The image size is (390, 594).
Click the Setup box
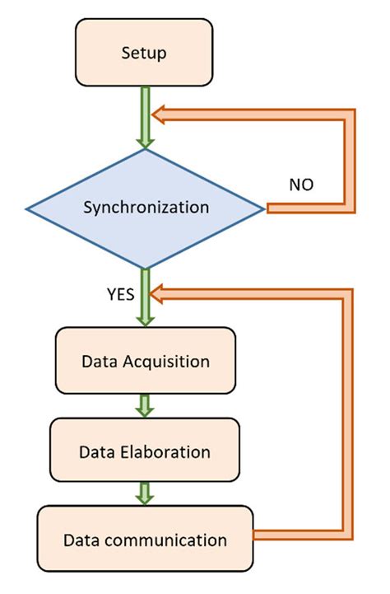point(144,54)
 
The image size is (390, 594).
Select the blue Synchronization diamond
point(146,208)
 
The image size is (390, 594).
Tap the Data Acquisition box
point(145,361)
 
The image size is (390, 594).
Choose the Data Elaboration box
point(145,451)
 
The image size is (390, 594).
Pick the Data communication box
point(145,540)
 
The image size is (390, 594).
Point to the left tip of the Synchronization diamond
point(26,208)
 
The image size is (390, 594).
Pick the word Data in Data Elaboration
point(95,451)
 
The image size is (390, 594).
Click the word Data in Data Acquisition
point(97,361)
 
